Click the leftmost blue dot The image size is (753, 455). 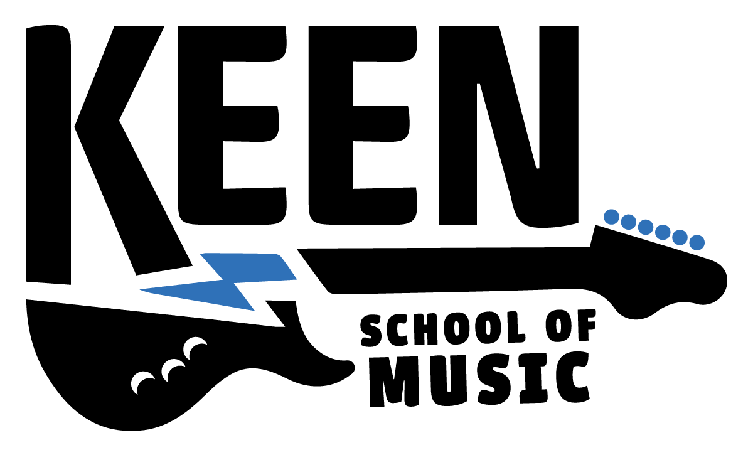(x=611, y=217)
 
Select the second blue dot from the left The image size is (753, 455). (x=628, y=222)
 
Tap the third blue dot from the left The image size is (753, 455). (x=646, y=227)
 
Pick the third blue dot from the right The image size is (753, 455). (x=663, y=232)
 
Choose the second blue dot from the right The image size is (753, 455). (x=680, y=237)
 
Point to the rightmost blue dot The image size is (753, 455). (x=697, y=242)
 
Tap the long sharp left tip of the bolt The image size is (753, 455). (x=141, y=289)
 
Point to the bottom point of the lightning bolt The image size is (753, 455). (x=254, y=310)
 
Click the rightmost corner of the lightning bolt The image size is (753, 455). (x=296, y=279)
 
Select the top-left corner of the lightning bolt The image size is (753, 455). (x=201, y=254)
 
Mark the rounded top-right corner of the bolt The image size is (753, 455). (x=278, y=255)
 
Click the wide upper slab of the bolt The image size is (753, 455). (x=251, y=266)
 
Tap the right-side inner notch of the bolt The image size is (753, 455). (x=235, y=284)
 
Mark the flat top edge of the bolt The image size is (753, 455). (x=238, y=254)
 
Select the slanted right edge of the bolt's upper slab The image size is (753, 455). (x=288, y=267)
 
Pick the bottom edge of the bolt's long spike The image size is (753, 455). (x=198, y=300)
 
